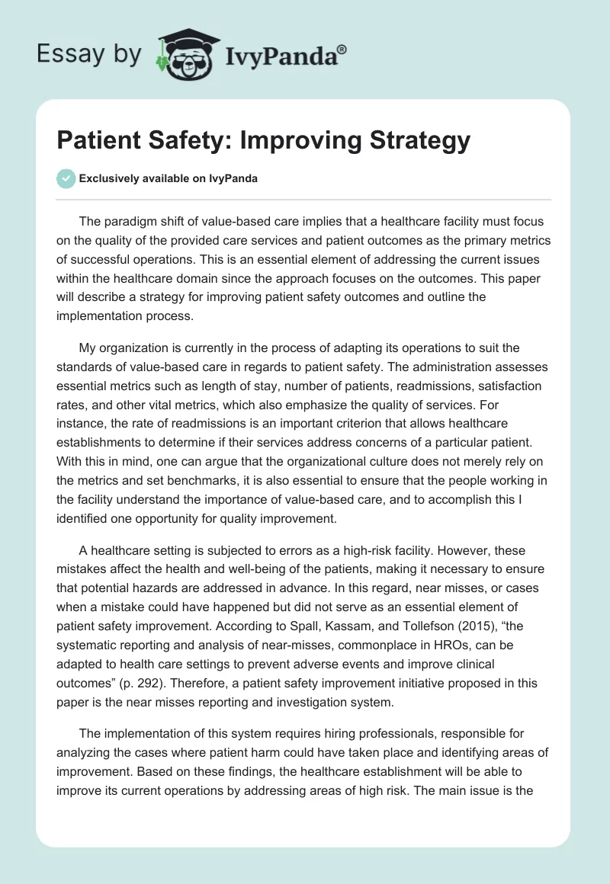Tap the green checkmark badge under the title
[66, 178]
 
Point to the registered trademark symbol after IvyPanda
[342, 48]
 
